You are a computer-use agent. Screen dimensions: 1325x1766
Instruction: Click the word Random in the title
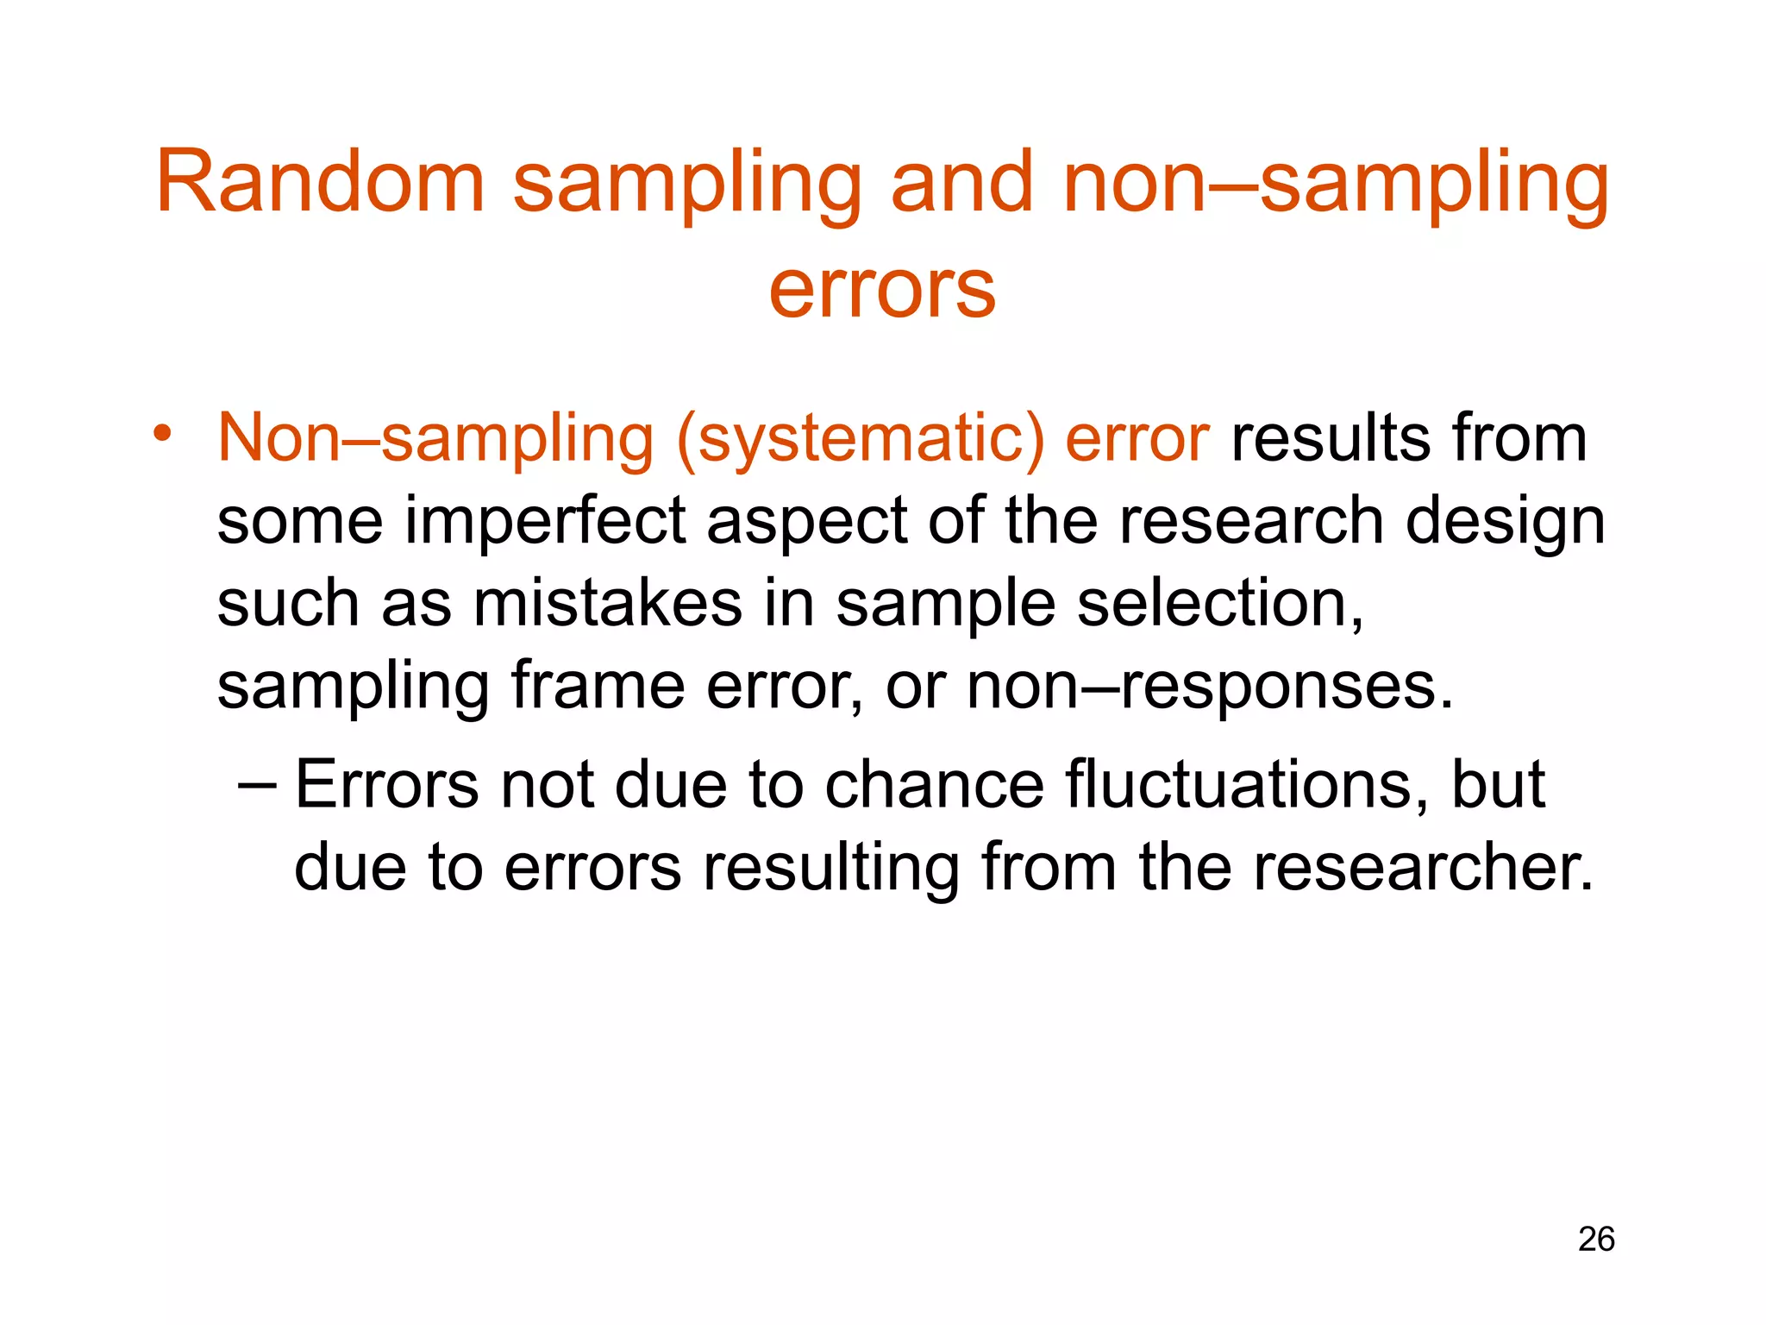[x=320, y=182]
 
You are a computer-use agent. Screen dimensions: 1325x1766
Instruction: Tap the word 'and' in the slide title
[x=961, y=182]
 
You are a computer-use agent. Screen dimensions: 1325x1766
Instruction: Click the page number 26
[x=1596, y=1239]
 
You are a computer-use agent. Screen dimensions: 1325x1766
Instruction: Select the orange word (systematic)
[x=861, y=439]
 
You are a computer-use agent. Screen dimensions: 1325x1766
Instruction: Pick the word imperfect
[x=546, y=521]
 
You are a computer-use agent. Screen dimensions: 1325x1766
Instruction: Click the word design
[x=1505, y=523]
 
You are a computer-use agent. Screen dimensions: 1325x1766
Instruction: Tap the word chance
[x=934, y=785]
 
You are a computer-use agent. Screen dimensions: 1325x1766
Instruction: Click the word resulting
[x=831, y=869]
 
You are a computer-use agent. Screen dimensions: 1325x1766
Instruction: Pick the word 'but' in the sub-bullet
[x=1498, y=785]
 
